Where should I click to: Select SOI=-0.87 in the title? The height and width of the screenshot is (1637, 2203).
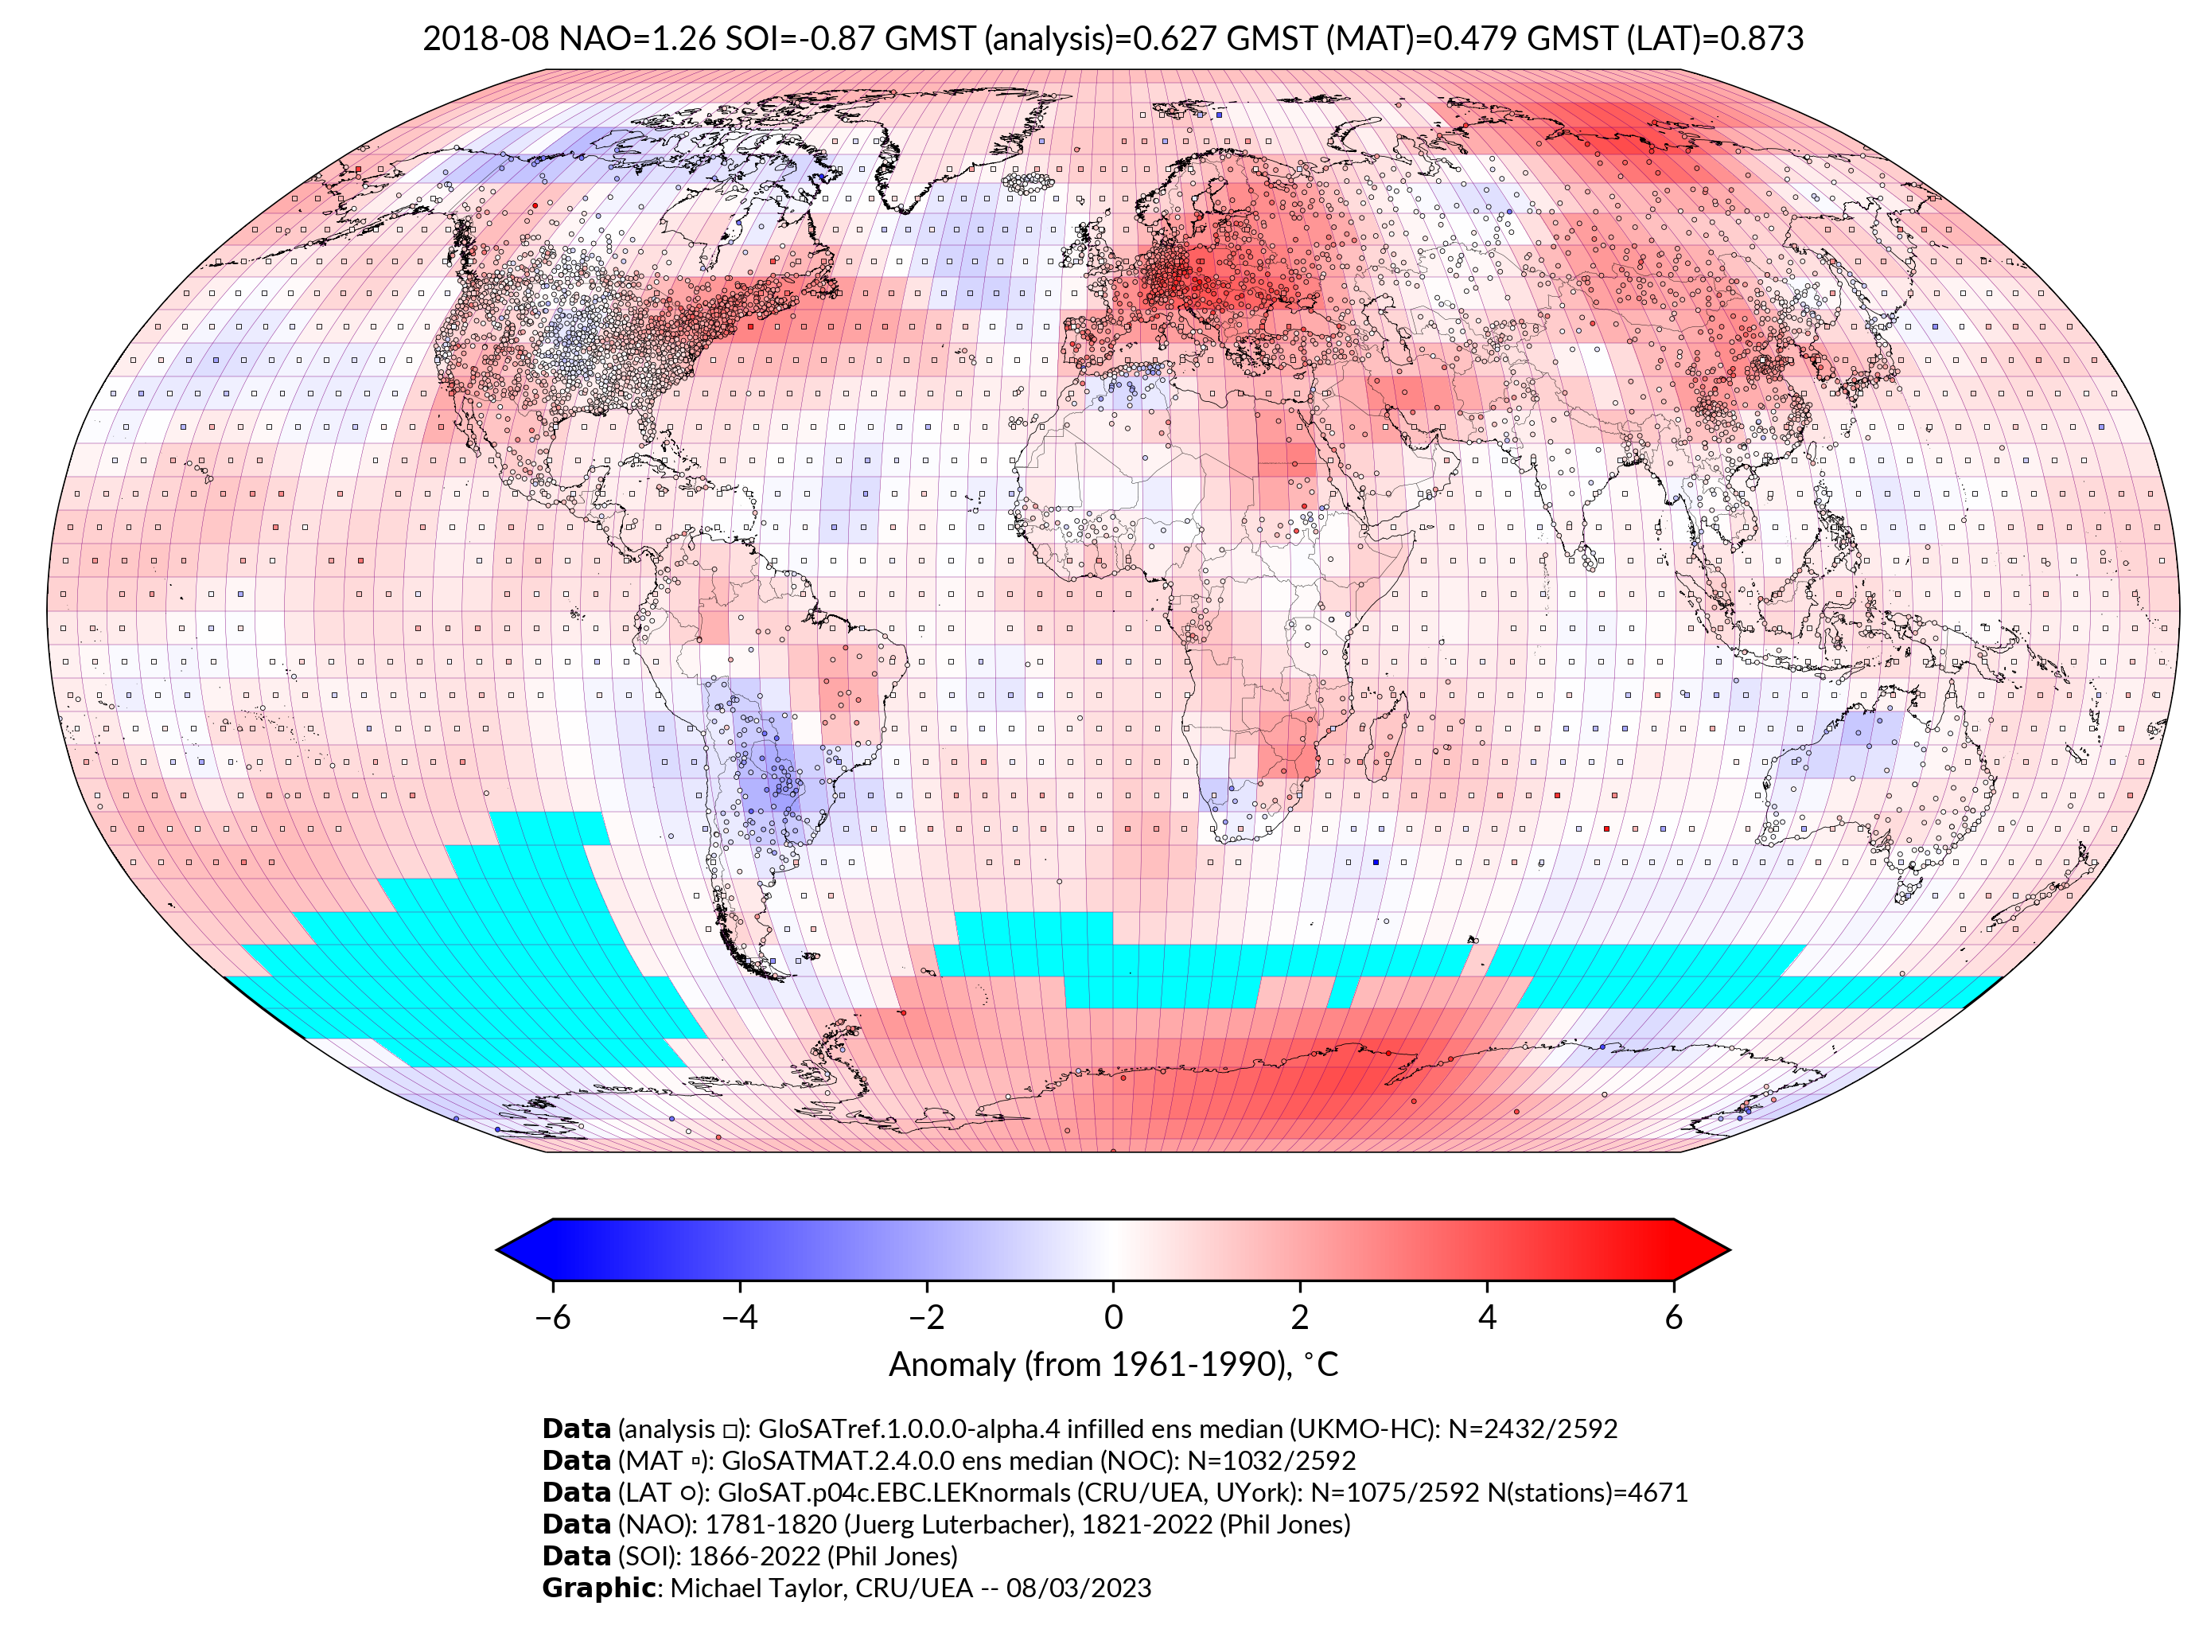[x=800, y=39]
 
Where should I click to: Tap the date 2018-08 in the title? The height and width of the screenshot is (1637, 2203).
[x=485, y=39]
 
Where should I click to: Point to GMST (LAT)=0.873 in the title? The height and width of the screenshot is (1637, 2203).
[x=1665, y=39]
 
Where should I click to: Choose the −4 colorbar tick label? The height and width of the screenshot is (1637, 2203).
[x=739, y=1318]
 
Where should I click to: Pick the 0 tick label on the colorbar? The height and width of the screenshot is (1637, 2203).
[x=1113, y=1318]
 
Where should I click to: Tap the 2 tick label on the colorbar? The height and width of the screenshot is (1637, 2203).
[x=1300, y=1318]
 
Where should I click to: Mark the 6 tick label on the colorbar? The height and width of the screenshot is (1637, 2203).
[x=1673, y=1318]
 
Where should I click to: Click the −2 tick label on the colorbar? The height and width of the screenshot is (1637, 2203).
[x=926, y=1318]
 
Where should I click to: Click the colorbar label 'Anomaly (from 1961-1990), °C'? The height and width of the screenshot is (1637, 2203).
[x=1113, y=1366]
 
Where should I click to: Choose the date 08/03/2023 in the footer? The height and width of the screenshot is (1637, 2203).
[x=1079, y=1588]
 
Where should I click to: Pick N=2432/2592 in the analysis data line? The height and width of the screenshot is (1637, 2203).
[x=1532, y=1430]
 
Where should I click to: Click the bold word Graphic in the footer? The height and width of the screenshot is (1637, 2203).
[x=598, y=1588]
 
